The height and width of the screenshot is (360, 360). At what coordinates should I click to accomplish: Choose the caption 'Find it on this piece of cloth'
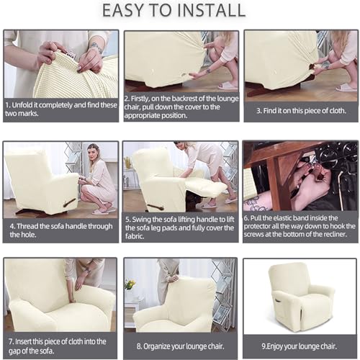tap(300, 110)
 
